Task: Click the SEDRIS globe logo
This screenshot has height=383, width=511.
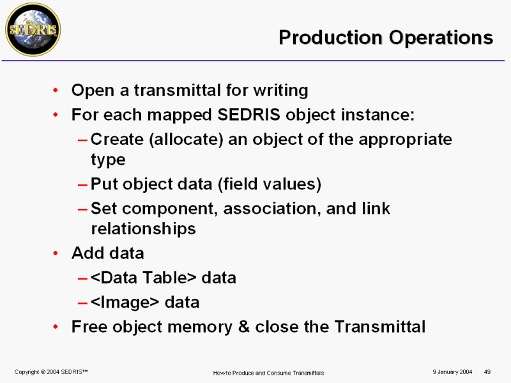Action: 33,29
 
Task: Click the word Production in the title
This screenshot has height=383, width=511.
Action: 330,38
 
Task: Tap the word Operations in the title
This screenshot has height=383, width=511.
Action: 441,38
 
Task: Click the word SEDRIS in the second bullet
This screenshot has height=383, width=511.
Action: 248,115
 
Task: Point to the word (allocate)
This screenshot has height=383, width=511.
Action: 186,140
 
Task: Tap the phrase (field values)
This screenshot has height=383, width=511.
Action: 270,184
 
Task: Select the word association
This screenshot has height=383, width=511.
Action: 272,209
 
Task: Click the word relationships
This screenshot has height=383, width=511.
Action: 143,229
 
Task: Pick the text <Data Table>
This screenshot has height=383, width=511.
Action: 144,278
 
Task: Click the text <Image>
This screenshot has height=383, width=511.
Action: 125,303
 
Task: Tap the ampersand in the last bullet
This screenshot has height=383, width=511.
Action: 244,327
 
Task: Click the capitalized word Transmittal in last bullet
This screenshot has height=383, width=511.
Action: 380,327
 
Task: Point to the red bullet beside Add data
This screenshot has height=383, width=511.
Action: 56,253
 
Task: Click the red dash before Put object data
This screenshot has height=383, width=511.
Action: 83,185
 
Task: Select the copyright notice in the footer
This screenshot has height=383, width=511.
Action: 51,372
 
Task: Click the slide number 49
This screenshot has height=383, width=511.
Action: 487,372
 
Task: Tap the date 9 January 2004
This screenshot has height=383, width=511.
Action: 452,372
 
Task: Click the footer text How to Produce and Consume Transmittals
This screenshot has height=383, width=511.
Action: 268,373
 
